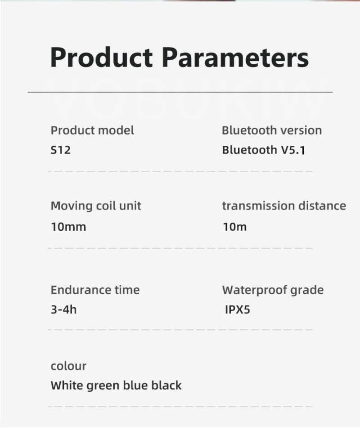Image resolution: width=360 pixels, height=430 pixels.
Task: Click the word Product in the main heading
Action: coord(102,57)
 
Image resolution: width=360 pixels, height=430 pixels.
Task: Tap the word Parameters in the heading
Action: coord(235,57)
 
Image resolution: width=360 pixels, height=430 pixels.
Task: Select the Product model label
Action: coord(92,130)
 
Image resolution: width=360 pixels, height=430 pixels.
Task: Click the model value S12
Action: coord(61,150)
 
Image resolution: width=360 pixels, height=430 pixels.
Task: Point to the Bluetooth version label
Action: coord(272,130)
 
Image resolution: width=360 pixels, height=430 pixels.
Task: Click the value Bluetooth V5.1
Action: coord(263,150)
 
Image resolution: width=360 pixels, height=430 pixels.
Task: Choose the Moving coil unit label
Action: coord(96,206)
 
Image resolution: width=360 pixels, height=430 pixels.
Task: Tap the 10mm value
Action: coord(68,227)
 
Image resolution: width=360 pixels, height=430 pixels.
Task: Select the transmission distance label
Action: coord(284,206)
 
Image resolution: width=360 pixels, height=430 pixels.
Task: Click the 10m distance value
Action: coord(234,227)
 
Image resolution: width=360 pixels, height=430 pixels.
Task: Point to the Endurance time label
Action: coord(95,290)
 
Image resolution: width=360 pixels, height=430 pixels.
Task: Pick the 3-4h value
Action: coord(63,309)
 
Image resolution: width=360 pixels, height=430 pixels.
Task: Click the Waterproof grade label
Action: coord(273,290)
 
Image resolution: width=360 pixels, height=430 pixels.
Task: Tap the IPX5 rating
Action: coord(238,309)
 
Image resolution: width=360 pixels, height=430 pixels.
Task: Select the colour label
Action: coord(68,366)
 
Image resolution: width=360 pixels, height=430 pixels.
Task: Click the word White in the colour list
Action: coord(67,385)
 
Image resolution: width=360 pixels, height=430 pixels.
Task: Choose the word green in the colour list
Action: coord(103,386)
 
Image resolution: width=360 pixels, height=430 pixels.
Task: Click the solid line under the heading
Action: coord(180,92)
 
